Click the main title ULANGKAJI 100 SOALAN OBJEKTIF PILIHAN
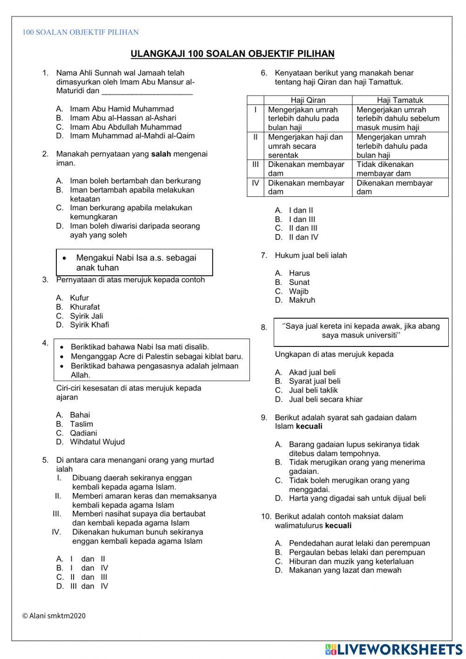[x=233, y=54]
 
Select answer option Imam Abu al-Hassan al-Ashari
[x=123, y=118]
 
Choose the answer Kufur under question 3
[x=79, y=298]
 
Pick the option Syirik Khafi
[x=89, y=325]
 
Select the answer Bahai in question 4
[x=80, y=415]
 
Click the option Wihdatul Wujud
[x=97, y=442]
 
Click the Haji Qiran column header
[x=308, y=100]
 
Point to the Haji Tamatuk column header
[x=400, y=100]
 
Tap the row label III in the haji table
[x=255, y=165]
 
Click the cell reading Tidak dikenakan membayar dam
[x=385, y=169]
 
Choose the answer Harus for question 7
[x=299, y=273]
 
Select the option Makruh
[x=302, y=300]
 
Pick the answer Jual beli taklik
[x=313, y=390]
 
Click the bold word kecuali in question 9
[x=309, y=426]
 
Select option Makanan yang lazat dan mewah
[x=345, y=570]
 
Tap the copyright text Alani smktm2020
[x=54, y=616]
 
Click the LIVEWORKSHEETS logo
[x=394, y=649]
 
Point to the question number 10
[x=266, y=517]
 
